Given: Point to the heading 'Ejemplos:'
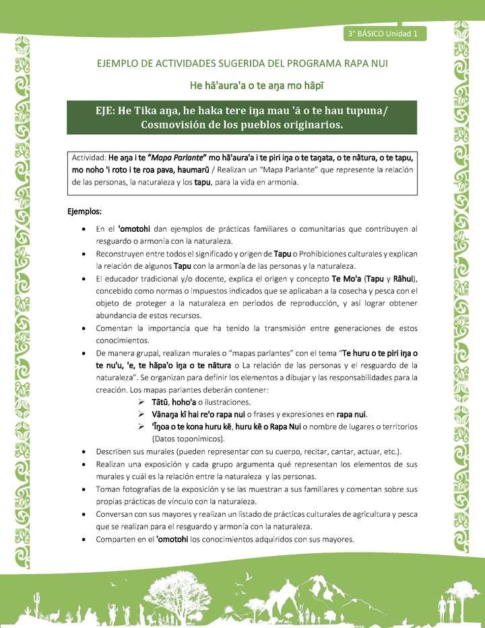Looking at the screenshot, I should coord(84,211).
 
